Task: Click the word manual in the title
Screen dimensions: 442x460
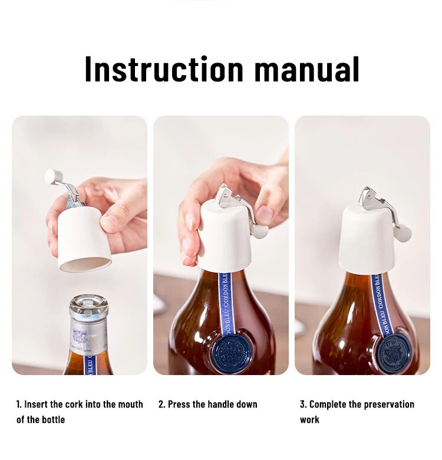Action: point(306,69)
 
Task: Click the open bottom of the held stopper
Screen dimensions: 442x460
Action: point(85,264)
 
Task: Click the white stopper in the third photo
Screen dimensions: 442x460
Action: point(367,239)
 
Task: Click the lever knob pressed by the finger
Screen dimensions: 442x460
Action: point(260,231)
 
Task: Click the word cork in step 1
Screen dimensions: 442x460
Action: point(74,404)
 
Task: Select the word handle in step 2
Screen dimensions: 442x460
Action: point(220,404)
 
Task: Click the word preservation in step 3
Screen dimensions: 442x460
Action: point(389,404)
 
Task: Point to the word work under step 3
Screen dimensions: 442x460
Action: point(309,419)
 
